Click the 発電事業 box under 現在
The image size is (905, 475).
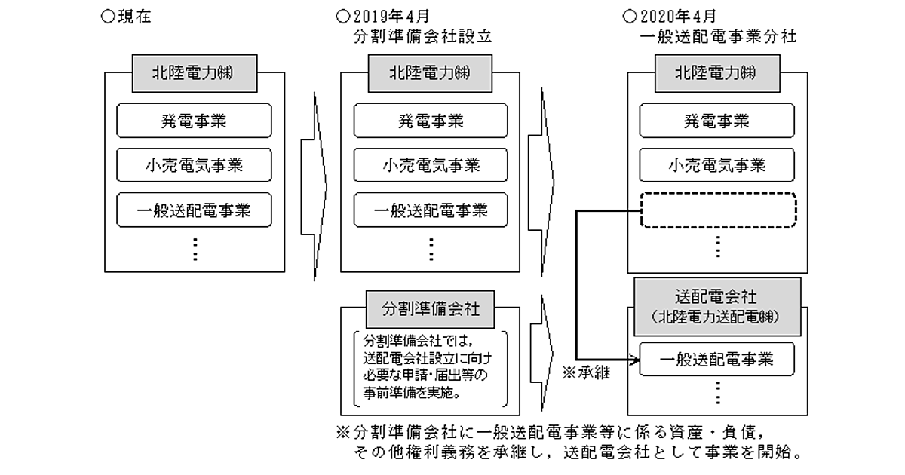[x=195, y=121]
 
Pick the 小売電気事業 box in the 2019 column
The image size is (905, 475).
[x=431, y=165]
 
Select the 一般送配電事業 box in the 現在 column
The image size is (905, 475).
[x=195, y=210]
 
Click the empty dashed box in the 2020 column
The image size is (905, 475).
[x=717, y=210]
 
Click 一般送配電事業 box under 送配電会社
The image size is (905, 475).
[x=717, y=359]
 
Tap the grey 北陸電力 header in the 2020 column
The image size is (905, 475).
[x=717, y=74]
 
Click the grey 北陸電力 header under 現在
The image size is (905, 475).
[x=195, y=74]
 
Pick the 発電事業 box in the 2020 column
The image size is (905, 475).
[x=717, y=121]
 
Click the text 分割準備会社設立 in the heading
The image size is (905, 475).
[x=422, y=36]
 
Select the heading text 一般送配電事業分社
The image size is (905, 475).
[x=716, y=36]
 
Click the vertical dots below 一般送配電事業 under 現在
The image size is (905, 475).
[x=195, y=248]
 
